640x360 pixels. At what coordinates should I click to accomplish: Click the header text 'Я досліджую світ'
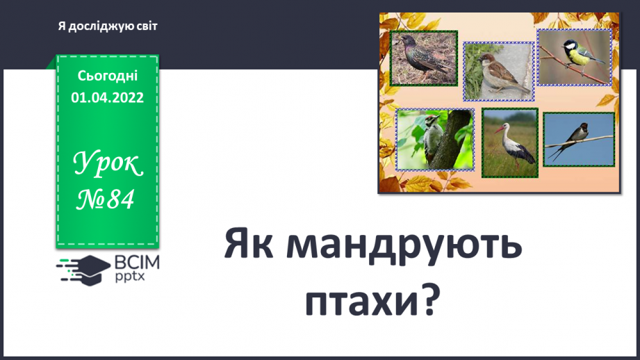[108, 26]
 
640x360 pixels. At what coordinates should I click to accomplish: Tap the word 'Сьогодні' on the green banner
[107, 76]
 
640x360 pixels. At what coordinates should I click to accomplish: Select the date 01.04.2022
[107, 98]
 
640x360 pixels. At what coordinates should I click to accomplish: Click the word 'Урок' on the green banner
[108, 165]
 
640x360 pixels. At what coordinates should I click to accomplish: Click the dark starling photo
[422, 58]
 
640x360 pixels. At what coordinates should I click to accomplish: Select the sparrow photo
[498, 72]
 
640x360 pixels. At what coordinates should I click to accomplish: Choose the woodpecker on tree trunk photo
[435, 139]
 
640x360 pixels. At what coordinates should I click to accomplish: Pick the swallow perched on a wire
[578, 139]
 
